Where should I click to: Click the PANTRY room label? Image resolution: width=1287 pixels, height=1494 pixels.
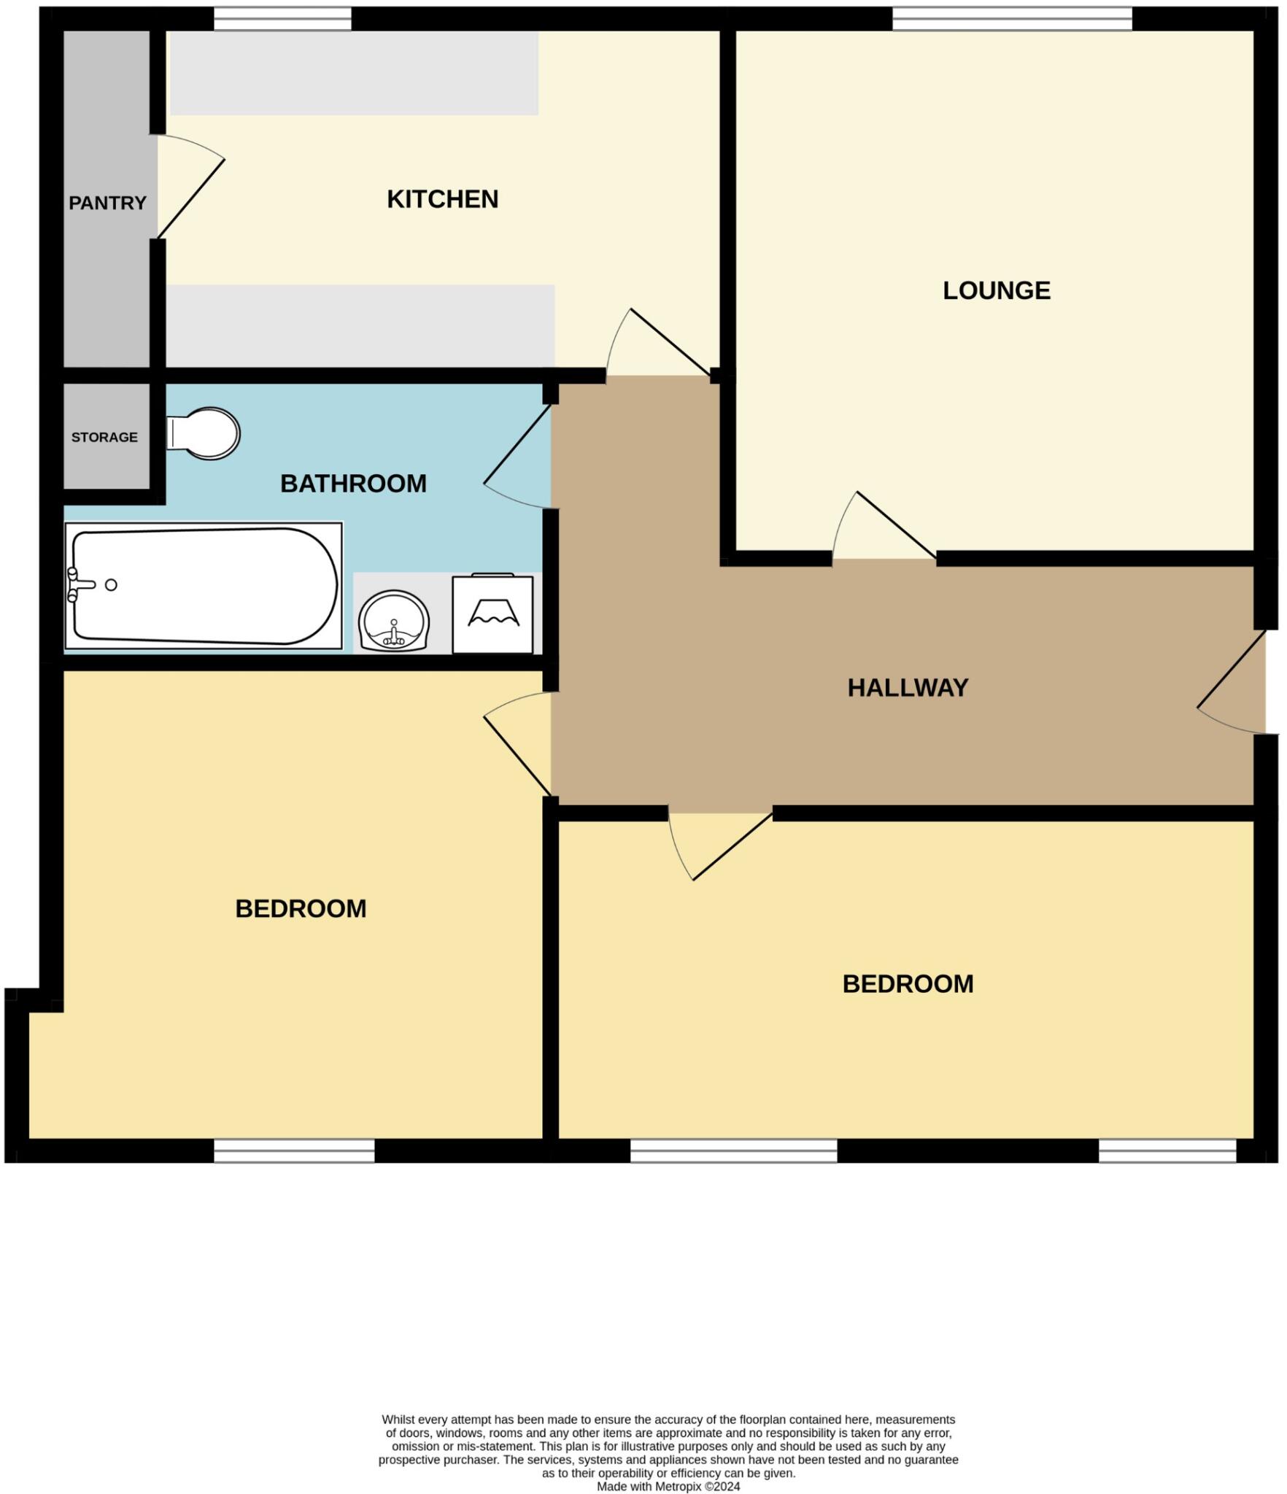pyautogui.click(x=107, y=203)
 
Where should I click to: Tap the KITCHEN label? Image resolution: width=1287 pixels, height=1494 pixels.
pyautogui.click(x=442, y=199)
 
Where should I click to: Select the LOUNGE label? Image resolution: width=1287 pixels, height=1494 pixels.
pyautogui.click(x=996, y=290)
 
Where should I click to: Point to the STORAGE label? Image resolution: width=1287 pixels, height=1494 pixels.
pyautogui.click(x=104, y=437)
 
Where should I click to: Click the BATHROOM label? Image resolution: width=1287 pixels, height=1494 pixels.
pyautogui.click(x=353, y=484)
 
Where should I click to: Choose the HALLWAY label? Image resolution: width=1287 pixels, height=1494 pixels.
pyautogui.click(x=908, y=687)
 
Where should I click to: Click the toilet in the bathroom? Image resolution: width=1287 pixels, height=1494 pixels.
pyautogui.click(x=204, y=433)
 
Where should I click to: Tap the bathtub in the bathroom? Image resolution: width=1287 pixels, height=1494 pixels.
pyautogui.click(x=204, y=586)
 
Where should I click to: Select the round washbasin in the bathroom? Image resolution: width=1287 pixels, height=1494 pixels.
pyautogui.click(x=394, y=621)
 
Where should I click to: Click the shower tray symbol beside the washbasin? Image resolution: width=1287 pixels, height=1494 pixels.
pyautogui.click(x=492, y=615)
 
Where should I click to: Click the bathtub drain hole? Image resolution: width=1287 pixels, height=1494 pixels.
pyautogui.click(x=111, y=585)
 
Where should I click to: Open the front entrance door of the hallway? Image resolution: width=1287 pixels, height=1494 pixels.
pyautogui.click(x=1232, y=682)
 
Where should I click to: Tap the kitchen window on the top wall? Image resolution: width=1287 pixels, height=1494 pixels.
pyautogui.click(x=282, y=20)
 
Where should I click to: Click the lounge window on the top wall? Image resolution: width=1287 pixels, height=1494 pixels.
pyautogui.click(x=1011, y=20)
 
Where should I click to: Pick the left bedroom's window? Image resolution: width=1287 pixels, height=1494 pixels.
pyautogui.click(x=294, y=1151)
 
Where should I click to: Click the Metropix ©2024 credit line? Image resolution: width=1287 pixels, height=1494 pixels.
pyautogui.click(x=668, y=1486)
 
